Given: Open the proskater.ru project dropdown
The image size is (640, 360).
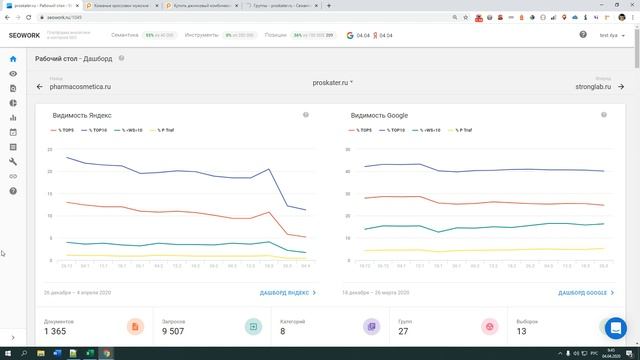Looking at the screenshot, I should [332, 82].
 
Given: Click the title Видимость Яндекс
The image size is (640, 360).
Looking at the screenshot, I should [83, 115].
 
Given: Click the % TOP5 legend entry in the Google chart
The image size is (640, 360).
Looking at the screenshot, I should [362, 130].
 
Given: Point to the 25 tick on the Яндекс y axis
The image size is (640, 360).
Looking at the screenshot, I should [48, 149].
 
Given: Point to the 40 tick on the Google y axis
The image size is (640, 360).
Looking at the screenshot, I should [346, 171].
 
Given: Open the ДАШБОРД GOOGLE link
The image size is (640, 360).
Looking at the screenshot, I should [582, 293].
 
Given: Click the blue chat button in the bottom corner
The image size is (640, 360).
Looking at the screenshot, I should [617, 327].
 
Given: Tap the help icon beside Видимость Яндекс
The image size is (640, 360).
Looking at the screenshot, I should [306, 115].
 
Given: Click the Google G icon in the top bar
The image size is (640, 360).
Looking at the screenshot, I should [350, 35].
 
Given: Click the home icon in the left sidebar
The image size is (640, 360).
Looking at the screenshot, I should [13, 60].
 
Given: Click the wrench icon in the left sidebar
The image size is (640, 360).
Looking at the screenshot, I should [13, 161].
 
